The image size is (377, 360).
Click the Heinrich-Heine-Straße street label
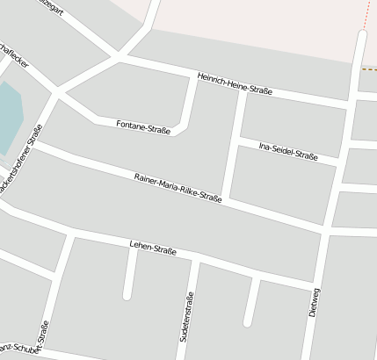click(235, 84)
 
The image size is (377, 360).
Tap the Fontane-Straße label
click(142, 126)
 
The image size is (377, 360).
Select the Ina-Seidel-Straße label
click(288, 150)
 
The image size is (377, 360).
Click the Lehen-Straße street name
click(153, 248)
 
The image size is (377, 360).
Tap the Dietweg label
click(315, 302)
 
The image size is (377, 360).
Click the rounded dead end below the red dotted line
click(361, 34)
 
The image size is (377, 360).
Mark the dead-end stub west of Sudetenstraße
click(127, 294)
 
